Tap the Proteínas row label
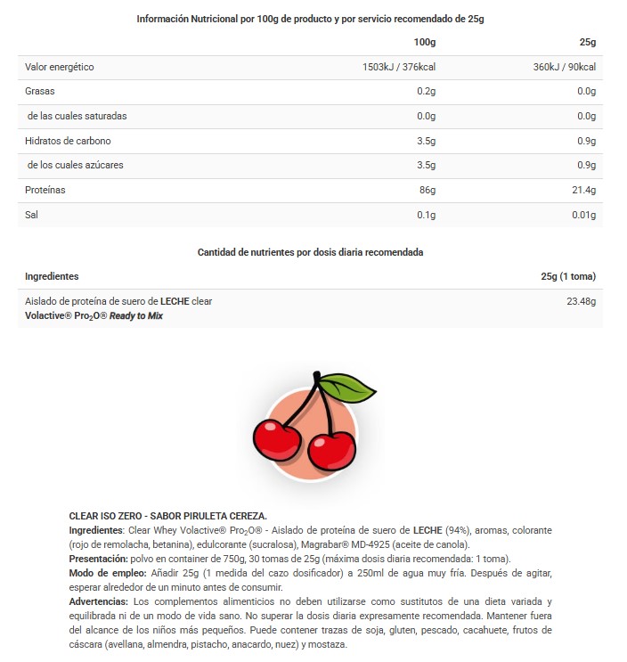pyautogui.click(x=45, y=190)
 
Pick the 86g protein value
pyautogui.click(x=427, y=190)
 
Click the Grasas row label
pyautogui.click(x=40, y=91)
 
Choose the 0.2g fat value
pyautogui.click(x=426, y=91)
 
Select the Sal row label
pyautogui.click(x=32, y=215)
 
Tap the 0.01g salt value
pyautogui.click(x=582, y=215)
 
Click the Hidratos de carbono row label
pyautogui.click(x=68, y=141)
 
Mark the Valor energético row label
pyautogui.click(x=60, y=67)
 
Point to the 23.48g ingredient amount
pyautogui.click(x=581, y=301)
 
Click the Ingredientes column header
pyautogui.click(x=52, y=276)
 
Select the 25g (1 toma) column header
pyautogui.click(x=567, y=276)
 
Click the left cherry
pyautogui.click(x=277, y=437)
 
